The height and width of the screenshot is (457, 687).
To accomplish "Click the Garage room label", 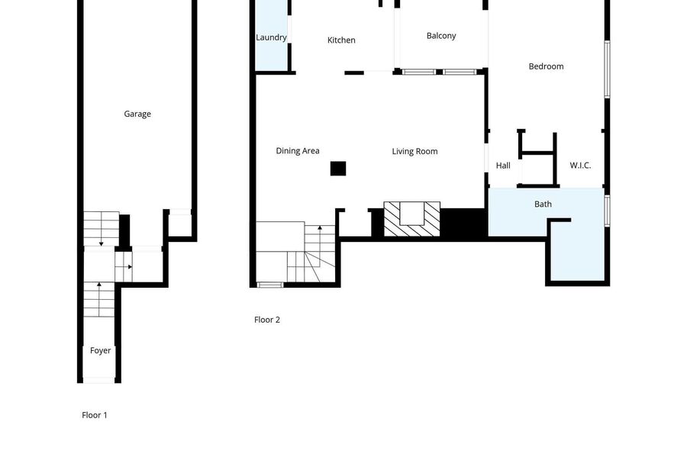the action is click(137, 114).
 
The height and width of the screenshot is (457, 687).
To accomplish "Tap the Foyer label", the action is click(100, 351).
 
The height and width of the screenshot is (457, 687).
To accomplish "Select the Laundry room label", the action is click(271, 37).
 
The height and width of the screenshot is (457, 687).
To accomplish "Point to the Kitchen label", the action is click(341, 40).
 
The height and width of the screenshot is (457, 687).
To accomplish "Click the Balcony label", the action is click(441, 36).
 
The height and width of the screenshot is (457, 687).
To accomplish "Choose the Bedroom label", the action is click(546, 66).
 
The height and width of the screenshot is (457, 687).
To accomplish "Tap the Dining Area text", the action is click(298, 151).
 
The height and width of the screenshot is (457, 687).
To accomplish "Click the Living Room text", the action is click(414, 152).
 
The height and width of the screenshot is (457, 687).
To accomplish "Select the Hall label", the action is click(503, 166).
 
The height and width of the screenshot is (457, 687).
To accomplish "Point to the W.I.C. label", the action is click(580, 166).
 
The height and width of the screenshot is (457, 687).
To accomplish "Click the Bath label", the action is click(543, 204).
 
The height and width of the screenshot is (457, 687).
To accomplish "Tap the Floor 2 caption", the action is click(267, 320).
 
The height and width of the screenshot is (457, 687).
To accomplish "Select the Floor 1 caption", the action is click(94, 415).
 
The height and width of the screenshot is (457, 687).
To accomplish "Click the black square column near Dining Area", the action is click(338, 169).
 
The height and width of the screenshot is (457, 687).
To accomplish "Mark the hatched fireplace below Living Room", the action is click(412, 219).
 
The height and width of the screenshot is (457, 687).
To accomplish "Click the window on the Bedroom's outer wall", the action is click(608, 69).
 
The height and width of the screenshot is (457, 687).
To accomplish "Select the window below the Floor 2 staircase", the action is click(270, 285).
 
